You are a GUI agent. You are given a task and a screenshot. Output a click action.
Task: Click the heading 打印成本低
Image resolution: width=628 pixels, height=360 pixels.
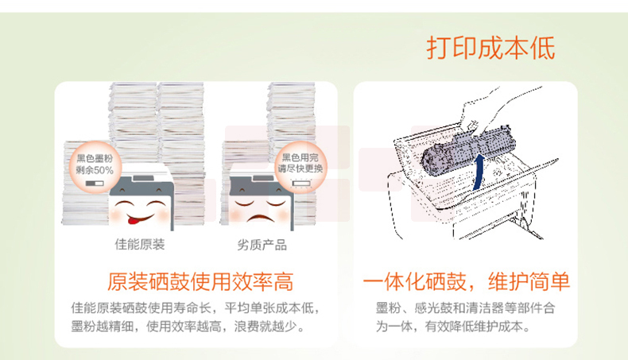pyautogui.click(x=490, y=48)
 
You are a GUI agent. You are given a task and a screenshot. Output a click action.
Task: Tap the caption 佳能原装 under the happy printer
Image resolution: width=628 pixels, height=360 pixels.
pyautogui.click(x=140, y=244)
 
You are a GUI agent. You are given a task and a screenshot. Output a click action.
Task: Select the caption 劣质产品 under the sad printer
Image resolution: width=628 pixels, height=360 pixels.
pyautogui.click(x=262, y=245)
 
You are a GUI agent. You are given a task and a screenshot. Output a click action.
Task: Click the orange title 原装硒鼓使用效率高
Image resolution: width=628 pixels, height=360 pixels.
pyautogui.click(x=200, y=281)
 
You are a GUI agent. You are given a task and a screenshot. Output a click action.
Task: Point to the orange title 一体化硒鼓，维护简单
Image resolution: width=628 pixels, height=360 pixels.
pyautogui.click(x=466, y=281)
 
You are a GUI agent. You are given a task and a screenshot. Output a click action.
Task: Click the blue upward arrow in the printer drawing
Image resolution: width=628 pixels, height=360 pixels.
pyautogui.click(x=479, y=172)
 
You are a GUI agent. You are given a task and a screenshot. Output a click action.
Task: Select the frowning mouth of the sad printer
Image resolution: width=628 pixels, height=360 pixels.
pyautogui.click(x=259, y=219)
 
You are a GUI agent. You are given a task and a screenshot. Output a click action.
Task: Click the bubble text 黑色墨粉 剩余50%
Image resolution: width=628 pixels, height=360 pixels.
pyautogui.click(x=95, y=165)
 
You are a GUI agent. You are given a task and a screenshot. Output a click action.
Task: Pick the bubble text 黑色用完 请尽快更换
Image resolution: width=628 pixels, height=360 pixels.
pyautogui.click(x=300, y=163)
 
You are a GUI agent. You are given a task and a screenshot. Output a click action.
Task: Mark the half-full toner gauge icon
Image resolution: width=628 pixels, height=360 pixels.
pyautogui.click(x=95, y=184)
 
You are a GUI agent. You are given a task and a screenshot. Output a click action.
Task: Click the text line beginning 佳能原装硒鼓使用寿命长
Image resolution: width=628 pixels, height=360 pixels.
pyautogui.click(x=196, y=308)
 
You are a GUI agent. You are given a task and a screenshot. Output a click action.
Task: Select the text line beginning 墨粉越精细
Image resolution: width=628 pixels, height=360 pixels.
pyautogui.click(x=188, y=327)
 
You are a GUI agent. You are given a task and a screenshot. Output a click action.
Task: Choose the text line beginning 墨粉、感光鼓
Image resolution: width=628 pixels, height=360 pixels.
pyautogui.click(x=465, y=308)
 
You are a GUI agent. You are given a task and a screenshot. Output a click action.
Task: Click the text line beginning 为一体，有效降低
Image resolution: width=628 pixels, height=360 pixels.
pyautogui.click(x=453, y=327)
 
